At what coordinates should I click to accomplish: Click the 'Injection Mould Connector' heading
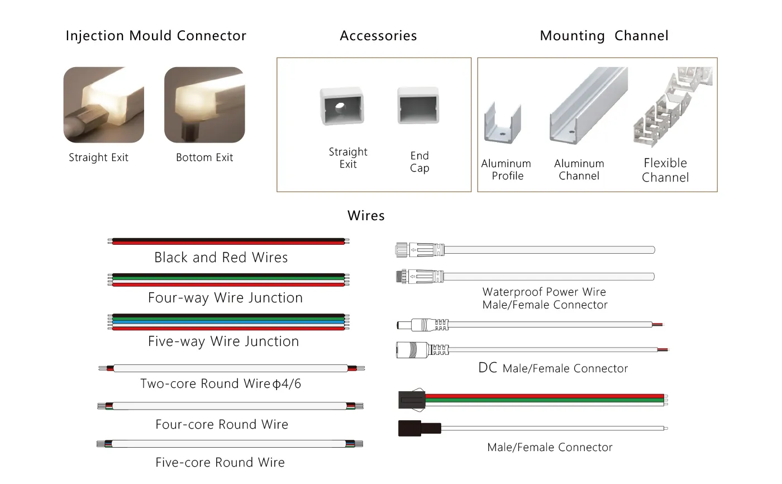point(156,36)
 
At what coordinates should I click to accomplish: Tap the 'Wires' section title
point(366,216)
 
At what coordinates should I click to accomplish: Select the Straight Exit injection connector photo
point(104,105)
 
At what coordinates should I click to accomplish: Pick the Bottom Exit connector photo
point(204,105)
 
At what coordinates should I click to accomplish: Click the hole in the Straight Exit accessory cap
point(340,107)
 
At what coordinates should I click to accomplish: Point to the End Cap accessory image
point(418,106)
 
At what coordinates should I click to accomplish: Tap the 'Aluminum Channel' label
point(579,169)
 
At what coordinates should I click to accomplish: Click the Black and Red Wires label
point(221,257)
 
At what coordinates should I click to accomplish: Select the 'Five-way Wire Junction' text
point(223,341)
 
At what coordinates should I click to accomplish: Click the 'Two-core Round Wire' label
point(206,383)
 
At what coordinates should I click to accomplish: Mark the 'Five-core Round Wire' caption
point(220,462)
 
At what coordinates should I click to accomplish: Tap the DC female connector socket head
point(412,350)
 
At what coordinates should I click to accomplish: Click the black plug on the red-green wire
point(412,399)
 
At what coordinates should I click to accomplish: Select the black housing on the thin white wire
point(419,429)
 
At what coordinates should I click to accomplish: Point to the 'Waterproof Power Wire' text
point(544,292)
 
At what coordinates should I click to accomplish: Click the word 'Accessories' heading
point(379,36)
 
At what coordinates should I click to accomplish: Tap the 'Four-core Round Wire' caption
point(222,424)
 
